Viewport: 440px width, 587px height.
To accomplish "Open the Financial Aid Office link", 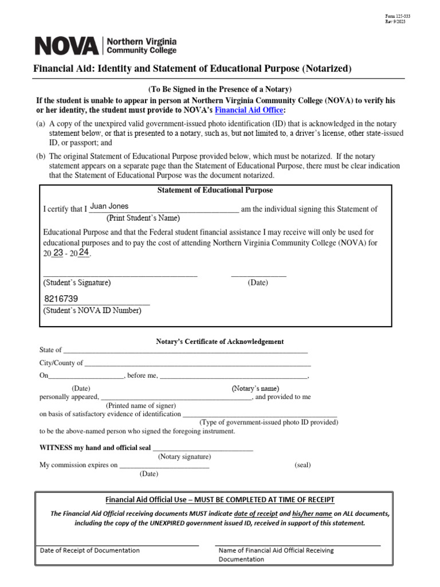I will pyautogui.click(x=249, y=110).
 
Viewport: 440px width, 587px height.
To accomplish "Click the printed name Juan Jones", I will pyautogui.click(x=109, y=206).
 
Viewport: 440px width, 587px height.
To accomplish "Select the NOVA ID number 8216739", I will pyautogui.click(x=61, y=299).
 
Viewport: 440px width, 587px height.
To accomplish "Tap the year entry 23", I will pyautogui.click(x=58, y=252).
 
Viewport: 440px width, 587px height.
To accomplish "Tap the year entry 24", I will pyautogui.click(x=84, y=252).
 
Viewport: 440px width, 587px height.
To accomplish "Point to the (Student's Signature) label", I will pyautogui.click(x=77, y=283).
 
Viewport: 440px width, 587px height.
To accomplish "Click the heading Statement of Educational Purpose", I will pyautogui.click(x=215, y=190).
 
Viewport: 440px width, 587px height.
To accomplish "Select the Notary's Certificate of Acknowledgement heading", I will pyautogui.click(x=220, y=342).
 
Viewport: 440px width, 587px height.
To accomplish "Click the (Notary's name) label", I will pyautogui.click(x=256, y=389).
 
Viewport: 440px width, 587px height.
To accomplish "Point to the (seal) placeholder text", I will pyautogui.click(x=302, y=465).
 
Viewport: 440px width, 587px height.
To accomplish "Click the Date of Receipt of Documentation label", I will pyautogui.click(x=90, y=550).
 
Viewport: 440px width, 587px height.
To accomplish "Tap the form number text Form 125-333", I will pyautogui.click(x=396, y=15).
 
